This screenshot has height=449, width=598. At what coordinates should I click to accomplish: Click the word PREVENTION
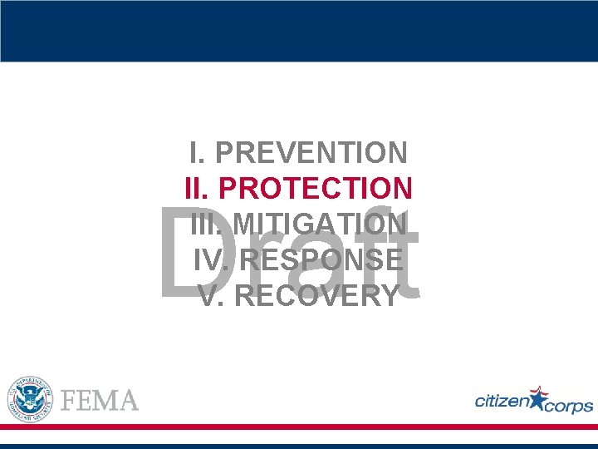[311, 153]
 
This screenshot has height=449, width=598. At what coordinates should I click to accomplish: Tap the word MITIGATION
[320, 224]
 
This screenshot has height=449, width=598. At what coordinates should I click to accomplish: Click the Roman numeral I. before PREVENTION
[197, 153]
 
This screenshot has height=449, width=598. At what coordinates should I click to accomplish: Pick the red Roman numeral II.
[199, 189]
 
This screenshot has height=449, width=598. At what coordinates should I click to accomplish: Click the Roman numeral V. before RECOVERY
[212, 295]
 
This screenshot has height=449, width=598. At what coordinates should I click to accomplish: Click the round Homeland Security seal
[30, 397]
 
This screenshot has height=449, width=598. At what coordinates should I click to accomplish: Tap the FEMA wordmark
[100, 400]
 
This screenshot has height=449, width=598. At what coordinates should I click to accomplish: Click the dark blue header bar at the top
[299, 31]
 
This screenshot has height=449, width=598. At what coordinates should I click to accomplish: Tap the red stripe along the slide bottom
[299, 427]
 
